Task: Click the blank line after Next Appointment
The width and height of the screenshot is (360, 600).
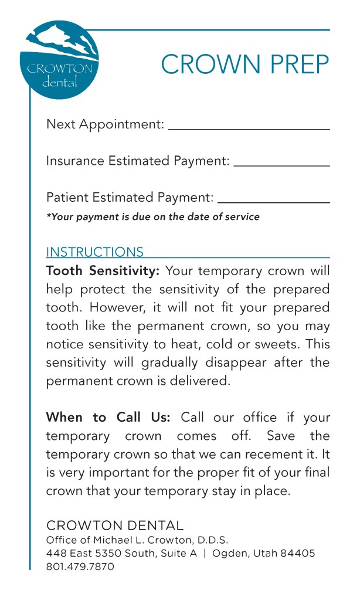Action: [x=249, y=127]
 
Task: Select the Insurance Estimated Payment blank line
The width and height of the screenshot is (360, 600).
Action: [x=281, y=165]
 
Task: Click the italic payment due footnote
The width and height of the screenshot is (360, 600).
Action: [x=152, y=217]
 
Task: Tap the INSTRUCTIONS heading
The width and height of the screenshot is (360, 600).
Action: [x=94, y=252]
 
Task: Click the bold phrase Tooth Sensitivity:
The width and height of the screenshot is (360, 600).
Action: [x=103, y=272]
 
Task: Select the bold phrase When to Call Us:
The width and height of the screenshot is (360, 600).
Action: [x=108, y=418]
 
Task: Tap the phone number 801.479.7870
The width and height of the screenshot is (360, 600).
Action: [x=80, y=567]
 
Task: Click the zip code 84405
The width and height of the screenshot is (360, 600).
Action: [x=298, y=554]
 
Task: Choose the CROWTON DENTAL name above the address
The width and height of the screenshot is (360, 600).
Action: [x=115, y=526]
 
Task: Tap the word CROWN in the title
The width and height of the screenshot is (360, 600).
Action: [x=205, y=65]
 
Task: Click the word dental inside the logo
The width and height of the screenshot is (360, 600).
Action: [x=59, y=83]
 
